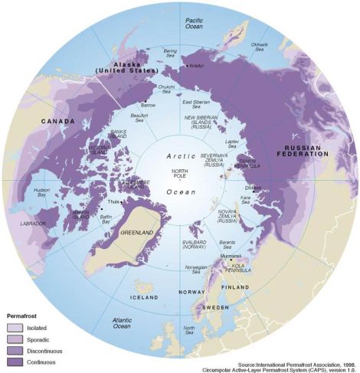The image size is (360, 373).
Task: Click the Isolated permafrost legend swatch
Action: (x=15, y=327)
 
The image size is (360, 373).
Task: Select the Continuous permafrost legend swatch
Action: (x=15, y=361)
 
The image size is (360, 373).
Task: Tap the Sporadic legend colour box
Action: (x=15, y=339)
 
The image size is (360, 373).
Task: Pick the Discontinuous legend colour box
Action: (x=15, y=349)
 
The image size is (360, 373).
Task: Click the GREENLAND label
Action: (x=141, y=231)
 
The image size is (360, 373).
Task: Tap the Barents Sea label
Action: (x=228, y=244)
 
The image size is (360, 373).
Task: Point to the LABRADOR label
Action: (x=33, y=224)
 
